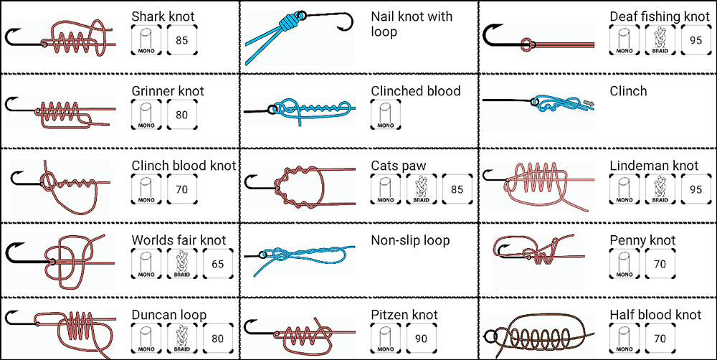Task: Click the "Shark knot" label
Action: click(163, 16)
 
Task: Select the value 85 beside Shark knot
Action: click(181, 40)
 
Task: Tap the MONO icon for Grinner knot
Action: click(146, 114)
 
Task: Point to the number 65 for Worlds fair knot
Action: click(217, 264)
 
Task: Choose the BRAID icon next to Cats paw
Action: click(421, 189)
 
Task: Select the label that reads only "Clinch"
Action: click(628, 91)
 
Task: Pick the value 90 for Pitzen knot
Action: click(421, 338)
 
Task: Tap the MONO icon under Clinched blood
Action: click(385, 114)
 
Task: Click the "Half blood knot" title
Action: click(655, 315)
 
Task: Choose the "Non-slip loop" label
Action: click(410, 240)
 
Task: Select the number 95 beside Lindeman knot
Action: click(695, 189)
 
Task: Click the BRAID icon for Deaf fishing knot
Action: click(660, 40)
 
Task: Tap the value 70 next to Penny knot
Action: click(660, 264)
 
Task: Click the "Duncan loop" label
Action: click(168, 315)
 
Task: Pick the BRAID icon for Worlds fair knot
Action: click(181, 264)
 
